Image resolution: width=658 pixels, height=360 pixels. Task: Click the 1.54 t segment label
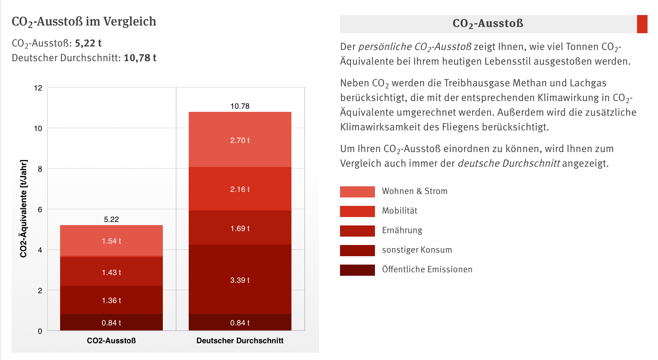[111, 241]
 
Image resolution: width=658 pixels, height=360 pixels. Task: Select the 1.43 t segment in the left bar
[111, 272]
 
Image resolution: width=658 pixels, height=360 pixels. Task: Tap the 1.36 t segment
[111, 300]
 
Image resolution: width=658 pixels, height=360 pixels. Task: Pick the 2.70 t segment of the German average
[240, 140]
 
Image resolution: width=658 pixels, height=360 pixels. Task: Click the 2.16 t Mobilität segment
[240, 189]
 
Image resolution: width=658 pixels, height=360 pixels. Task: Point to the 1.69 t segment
[240, 228]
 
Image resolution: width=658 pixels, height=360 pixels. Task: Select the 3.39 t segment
[240, 280]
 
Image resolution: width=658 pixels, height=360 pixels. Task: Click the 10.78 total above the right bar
[240, 106]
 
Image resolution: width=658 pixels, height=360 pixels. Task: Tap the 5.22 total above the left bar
[111, 219]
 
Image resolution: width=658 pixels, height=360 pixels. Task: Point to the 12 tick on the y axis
[38, 88]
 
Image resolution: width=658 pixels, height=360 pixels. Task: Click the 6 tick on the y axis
[40, 209]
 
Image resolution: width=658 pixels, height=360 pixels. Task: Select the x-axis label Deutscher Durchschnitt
[240, 340]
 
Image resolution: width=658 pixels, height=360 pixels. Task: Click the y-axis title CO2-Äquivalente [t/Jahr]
[23, 209]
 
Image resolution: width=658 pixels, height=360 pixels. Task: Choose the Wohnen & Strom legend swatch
[357, 192]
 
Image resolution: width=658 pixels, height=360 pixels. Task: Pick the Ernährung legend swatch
[357, 231]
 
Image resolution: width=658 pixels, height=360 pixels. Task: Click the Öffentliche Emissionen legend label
[427, 269]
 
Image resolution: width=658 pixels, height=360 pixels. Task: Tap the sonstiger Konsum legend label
[417, 250]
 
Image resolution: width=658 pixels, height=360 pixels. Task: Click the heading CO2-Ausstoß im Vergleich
[84, 22]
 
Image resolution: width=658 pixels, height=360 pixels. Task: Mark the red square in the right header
[642, 24]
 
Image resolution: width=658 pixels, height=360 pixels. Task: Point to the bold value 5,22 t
[88, 43]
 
